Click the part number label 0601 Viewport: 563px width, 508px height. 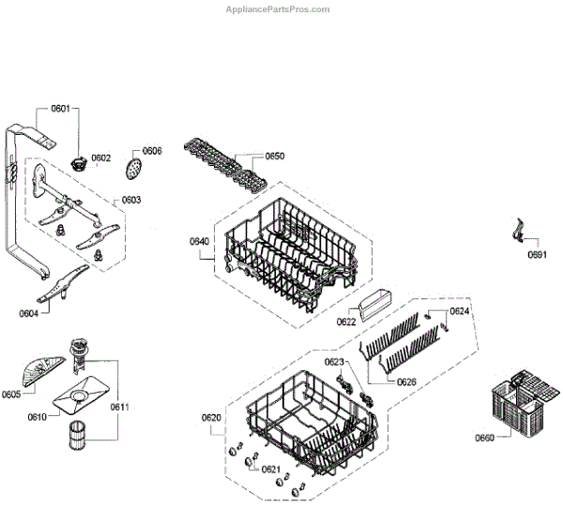pyautogui.click(x=60, y=109)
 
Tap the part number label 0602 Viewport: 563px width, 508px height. pyautogui.click(x=101, y=157)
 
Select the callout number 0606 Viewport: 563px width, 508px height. pyautogui.click(x=152, y=151)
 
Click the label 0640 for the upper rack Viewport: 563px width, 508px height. pyautogui.click(x=199, y=242)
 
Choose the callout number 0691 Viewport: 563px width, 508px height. pyautogui.click(x=536, y=255)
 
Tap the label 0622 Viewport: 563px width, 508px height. pyautogui.click(x=346, y=321)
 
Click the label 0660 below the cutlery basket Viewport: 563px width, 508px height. pyautogui.click(x=484, y=438)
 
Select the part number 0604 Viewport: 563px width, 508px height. pyautogui.click(x=28, y=313)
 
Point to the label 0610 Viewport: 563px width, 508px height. pyautogui.click(x=38, y=415)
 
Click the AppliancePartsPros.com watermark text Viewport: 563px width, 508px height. pyautogui.click(x=279, y=9)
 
